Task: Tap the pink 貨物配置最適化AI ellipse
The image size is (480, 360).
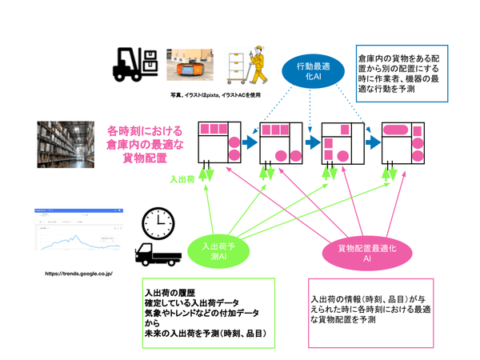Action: [x=354, y=254]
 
